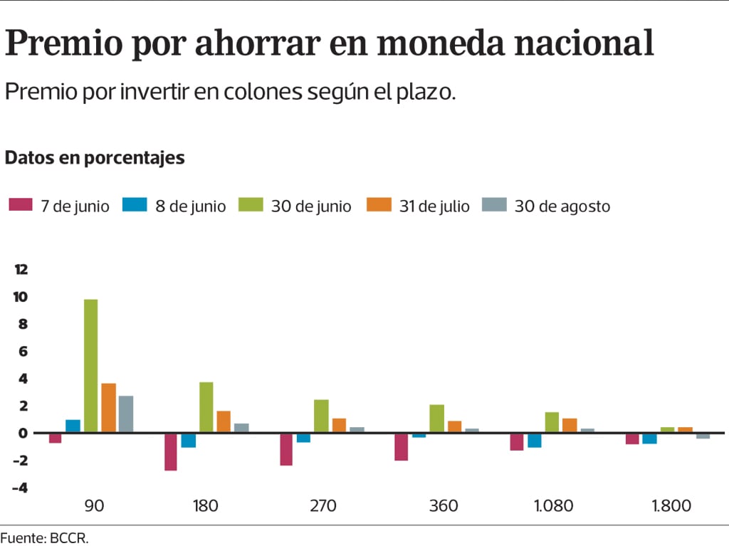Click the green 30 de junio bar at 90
pos(90,366)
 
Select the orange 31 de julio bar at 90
pos(108,408)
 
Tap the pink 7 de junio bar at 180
pos(171,451)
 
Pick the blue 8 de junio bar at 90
pos(73,426)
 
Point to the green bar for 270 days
pos(321,416)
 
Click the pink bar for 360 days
pos(402,446)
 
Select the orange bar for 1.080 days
pos(570,426)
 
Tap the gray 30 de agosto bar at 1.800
pos(703,436)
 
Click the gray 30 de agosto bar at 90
pos(126,414)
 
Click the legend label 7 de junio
pos(75,206)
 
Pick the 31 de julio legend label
pos(434,206)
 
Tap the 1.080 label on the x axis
pos(552,507)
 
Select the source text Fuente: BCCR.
pos(44,538)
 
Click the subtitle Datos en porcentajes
pos(95,157)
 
